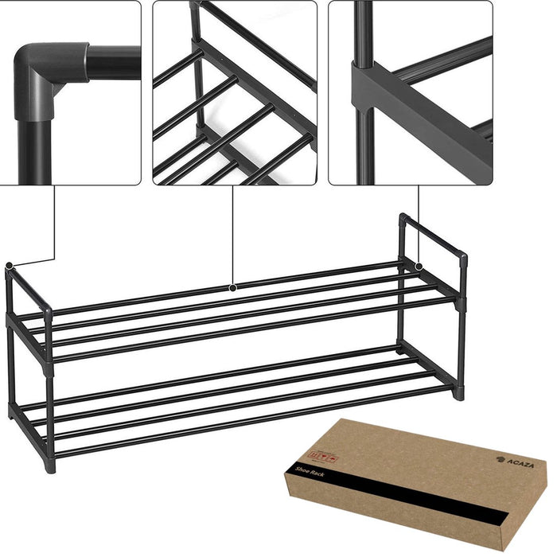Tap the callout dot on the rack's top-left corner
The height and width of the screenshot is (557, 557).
coord(9,266)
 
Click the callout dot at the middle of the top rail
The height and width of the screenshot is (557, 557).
coord(232,286)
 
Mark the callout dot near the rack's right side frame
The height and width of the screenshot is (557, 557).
coord(418,264)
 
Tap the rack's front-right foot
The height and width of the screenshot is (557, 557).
coord(458,391)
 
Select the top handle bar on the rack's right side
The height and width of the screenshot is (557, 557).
coord(434,235)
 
